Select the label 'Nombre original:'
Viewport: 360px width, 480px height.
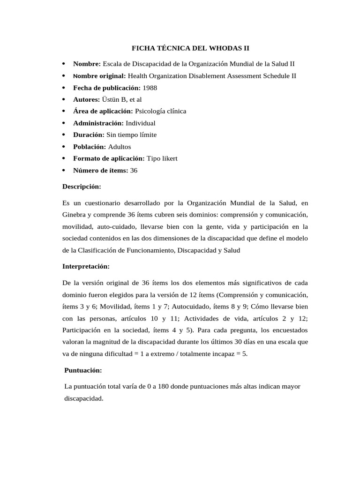click(99, 75)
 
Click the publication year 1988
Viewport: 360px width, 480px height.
click(150, 88)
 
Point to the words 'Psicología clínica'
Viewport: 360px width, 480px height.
click(160, 111)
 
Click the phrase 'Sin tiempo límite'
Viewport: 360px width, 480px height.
click(131, 135)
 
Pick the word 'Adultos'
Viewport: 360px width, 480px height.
click(120, 147)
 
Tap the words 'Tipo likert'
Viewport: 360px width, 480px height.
click(162, 158)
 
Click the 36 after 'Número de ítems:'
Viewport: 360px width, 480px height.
click(134, 171)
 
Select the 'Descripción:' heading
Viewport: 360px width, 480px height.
click(82, 187)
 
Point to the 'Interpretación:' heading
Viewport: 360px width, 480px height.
click(86, 266)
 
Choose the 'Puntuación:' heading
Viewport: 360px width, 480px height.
click(83, 370)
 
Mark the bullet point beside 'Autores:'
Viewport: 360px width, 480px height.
click(63, 99)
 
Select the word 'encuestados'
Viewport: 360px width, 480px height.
click(290, 330)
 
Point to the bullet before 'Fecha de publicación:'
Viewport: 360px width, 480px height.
click(63, 88)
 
